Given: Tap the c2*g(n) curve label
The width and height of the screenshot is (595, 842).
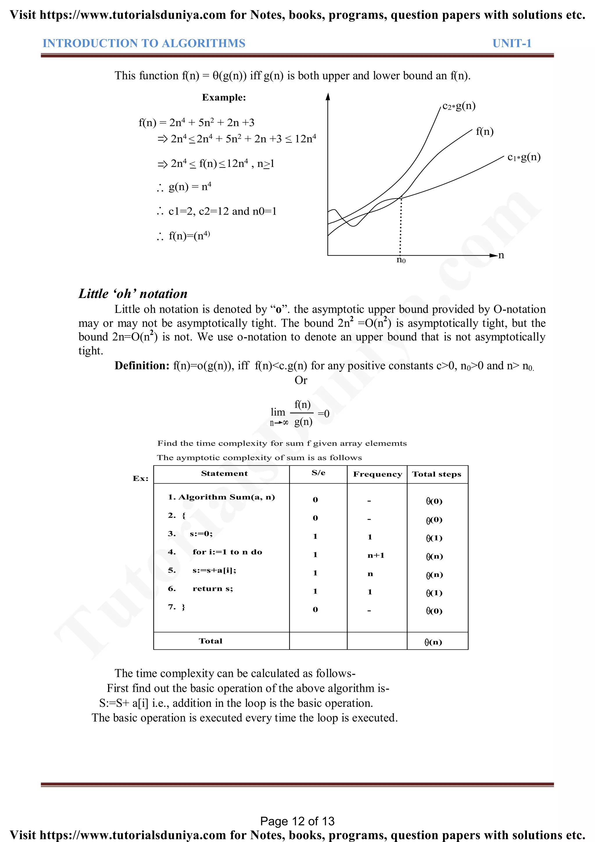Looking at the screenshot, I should coord(459,106).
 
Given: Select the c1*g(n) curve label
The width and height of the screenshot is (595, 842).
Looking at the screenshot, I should coord(524,157).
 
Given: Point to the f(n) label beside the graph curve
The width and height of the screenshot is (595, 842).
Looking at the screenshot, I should coord(484,131).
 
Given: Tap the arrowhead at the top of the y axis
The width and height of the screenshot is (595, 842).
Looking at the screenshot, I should coord(328,97).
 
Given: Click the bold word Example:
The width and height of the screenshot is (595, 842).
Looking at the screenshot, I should coord(224,98).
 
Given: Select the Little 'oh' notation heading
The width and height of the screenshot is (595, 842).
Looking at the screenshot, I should coord(133,294).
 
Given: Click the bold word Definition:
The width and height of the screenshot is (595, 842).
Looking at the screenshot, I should coord(142,366).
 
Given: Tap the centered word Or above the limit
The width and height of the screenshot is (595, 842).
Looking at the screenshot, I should coord(301,380).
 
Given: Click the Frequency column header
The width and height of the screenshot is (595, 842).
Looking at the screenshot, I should coord(377,474).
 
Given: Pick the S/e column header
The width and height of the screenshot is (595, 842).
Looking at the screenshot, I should coord(318,473).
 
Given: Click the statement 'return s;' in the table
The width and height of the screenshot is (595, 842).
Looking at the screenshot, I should coord(212,588).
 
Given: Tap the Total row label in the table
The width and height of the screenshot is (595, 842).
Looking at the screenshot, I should coord(210,641).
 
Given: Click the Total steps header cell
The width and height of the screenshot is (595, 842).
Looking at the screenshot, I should coord(436,474).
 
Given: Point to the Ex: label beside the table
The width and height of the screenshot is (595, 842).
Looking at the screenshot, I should coord(141,479).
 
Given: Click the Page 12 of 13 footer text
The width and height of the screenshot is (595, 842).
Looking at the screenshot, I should coord(297,821).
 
